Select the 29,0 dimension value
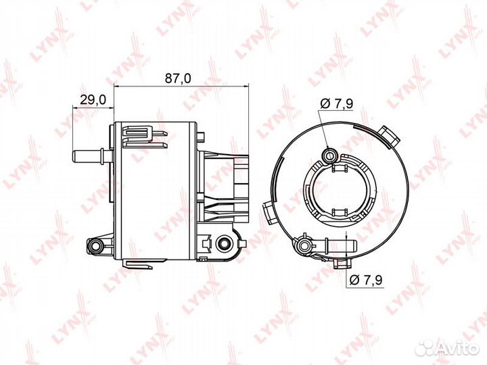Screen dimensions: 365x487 point(93,99)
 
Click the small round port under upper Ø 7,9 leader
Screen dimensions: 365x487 point(330,157)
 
